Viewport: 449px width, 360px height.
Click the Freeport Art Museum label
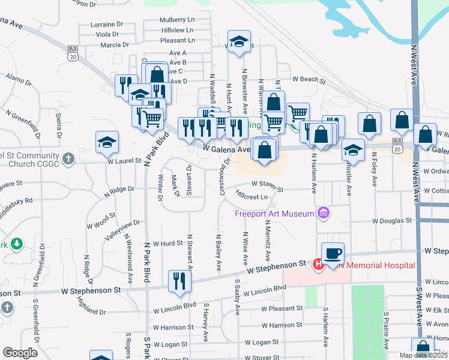tap(275, 214)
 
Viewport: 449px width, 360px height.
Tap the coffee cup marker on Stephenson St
tap(333, 253)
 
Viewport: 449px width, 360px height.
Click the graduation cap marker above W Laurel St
tap(107, 142)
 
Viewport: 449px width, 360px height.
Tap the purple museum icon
tap(324, 212)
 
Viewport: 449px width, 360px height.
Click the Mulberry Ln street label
tap(177, 20)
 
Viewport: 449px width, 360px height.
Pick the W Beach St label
tap(309, 79)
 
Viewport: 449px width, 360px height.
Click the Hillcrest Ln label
tap(252, 196)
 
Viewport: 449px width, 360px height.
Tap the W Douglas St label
tap(392, 220)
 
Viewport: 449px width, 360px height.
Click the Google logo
tap(20, 353)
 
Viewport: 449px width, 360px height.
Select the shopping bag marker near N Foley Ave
tap(370, 124)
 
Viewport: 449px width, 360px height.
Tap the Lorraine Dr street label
tap(106, 25)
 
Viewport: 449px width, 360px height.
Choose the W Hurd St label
tap(167, 244)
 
